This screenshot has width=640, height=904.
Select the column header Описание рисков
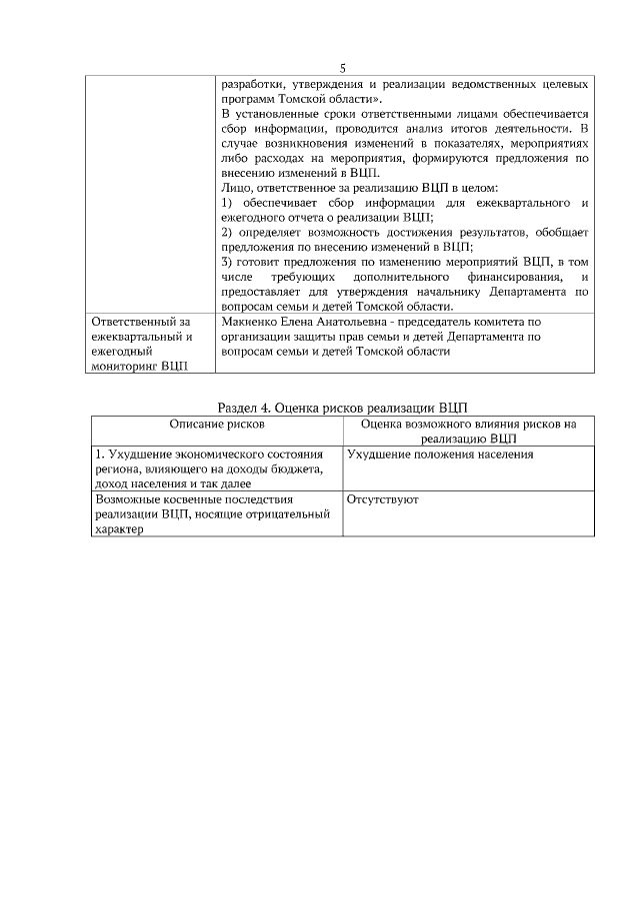pos(217,424)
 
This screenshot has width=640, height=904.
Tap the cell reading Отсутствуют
pos(382,498)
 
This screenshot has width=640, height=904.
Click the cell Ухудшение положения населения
pos(440,454)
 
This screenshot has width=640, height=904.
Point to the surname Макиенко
pos(249,322)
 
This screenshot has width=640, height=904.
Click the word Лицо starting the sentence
pos(235,188)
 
